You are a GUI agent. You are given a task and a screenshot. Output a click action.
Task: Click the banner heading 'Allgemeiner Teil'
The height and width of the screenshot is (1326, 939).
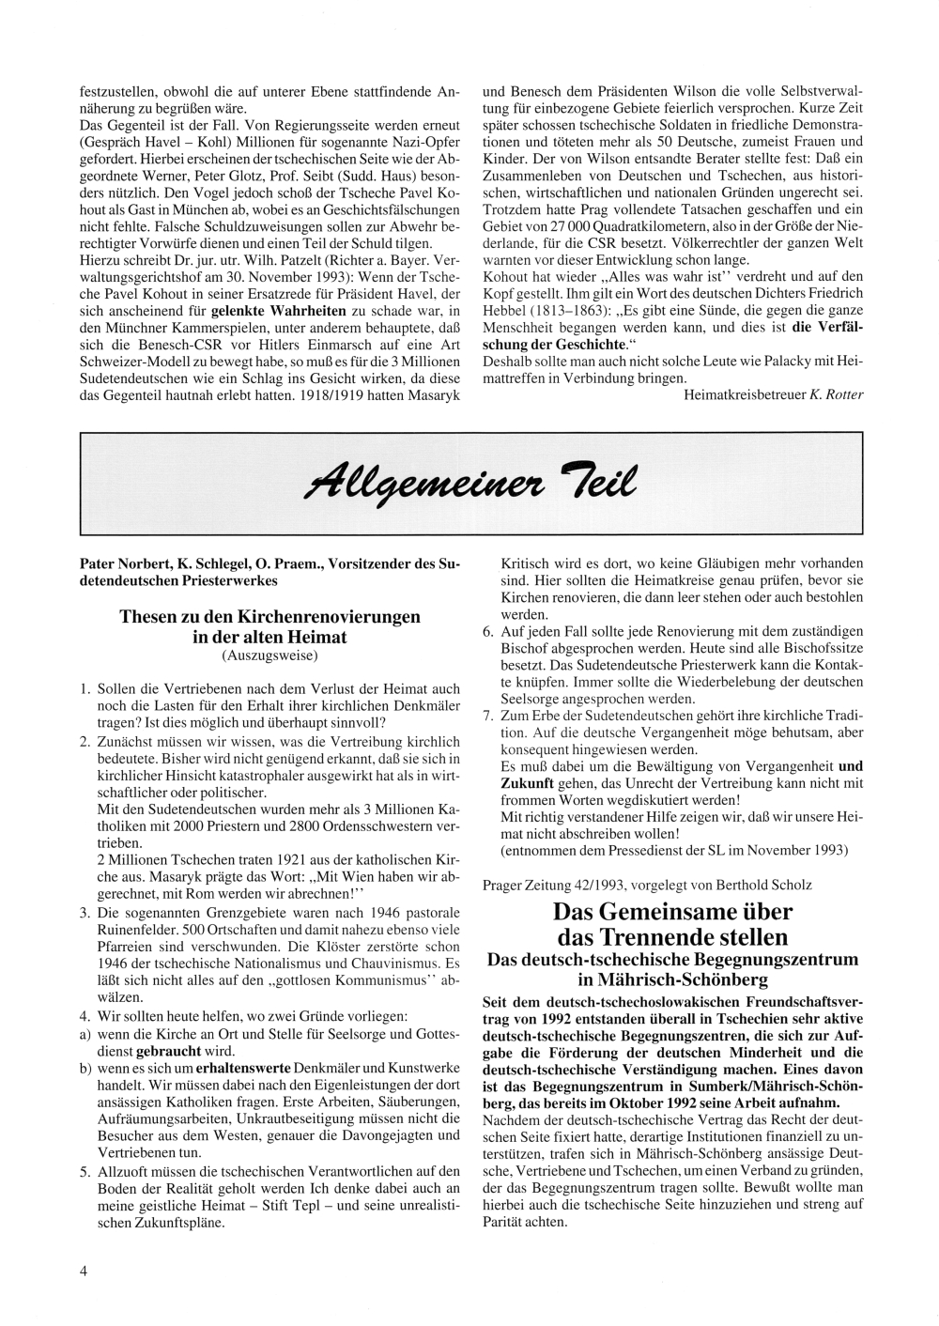pos(469,481)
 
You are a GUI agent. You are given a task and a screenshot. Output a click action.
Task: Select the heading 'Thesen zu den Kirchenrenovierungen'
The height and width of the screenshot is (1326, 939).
pos(270,617)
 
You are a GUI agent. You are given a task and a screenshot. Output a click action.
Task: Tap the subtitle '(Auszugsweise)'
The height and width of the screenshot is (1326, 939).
pos(270,655)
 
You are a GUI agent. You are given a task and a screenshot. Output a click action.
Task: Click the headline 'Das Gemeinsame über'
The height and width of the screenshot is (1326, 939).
pos(672,912)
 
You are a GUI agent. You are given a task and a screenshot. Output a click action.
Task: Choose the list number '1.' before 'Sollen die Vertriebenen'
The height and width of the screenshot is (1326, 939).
pos(85,689)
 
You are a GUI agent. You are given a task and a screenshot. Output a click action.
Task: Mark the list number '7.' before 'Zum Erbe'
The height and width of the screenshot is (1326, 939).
pos(488,716)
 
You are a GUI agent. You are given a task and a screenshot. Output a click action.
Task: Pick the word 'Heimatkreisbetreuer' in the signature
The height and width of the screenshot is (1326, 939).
pos(745,395)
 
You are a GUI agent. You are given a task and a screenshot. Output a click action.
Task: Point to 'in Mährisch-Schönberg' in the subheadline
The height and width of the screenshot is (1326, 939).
pos(672,979)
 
